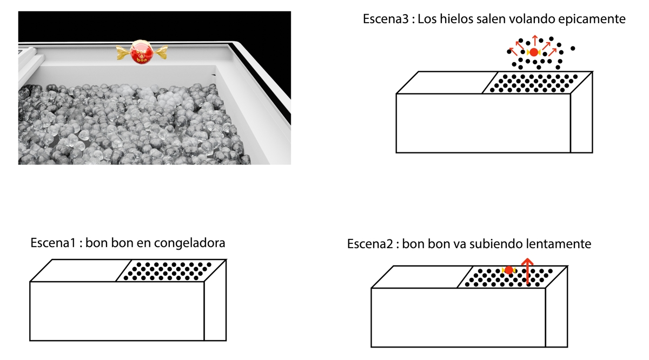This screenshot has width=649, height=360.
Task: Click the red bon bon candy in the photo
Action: click(x=142, y=52)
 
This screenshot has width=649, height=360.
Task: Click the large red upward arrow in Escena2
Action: click(x=527, y=270)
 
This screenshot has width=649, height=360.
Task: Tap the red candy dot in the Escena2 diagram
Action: click(x=509, y=270)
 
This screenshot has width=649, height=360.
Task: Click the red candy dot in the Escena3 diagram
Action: click(x=534, y=52)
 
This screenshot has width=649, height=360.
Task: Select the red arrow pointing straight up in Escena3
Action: click(x=535, y=41)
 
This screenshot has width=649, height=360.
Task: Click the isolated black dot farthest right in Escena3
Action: click(x=573, y=49)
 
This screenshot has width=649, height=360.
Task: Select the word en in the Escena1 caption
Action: click(x=145, y=243)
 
